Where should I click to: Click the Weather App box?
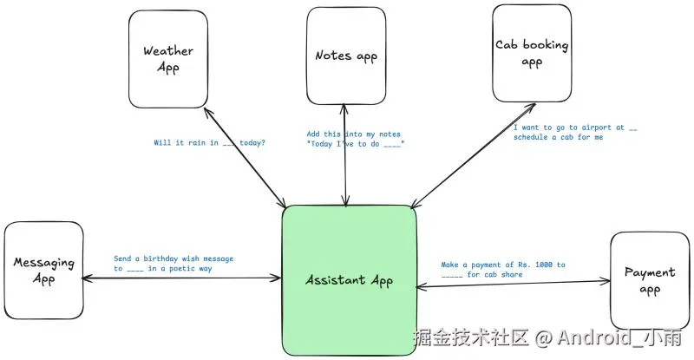pyautogui.click(x=168, y=59)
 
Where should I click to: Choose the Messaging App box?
pyautogui.click(x=43, y=270)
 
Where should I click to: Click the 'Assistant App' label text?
pyautogui.click(x=350, y=280)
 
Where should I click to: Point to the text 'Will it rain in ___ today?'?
pyautogui.click(x=209, y=143)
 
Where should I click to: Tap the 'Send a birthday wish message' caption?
pyautogui.click(x=173, y=259)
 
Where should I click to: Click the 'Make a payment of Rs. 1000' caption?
pyautogui.click(x=502, y=265)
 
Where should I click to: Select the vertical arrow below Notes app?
pyautogui.click(x=345, y=173)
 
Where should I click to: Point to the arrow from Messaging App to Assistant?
pyautogui.click(x=182, y=278)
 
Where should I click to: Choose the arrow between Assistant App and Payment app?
pyautogui.click(x=512, y=283)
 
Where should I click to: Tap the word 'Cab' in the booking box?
pyautogui.click(x=507, y=44)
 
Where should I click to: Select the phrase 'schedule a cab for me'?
pyautogui.click(x=558, y=137)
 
